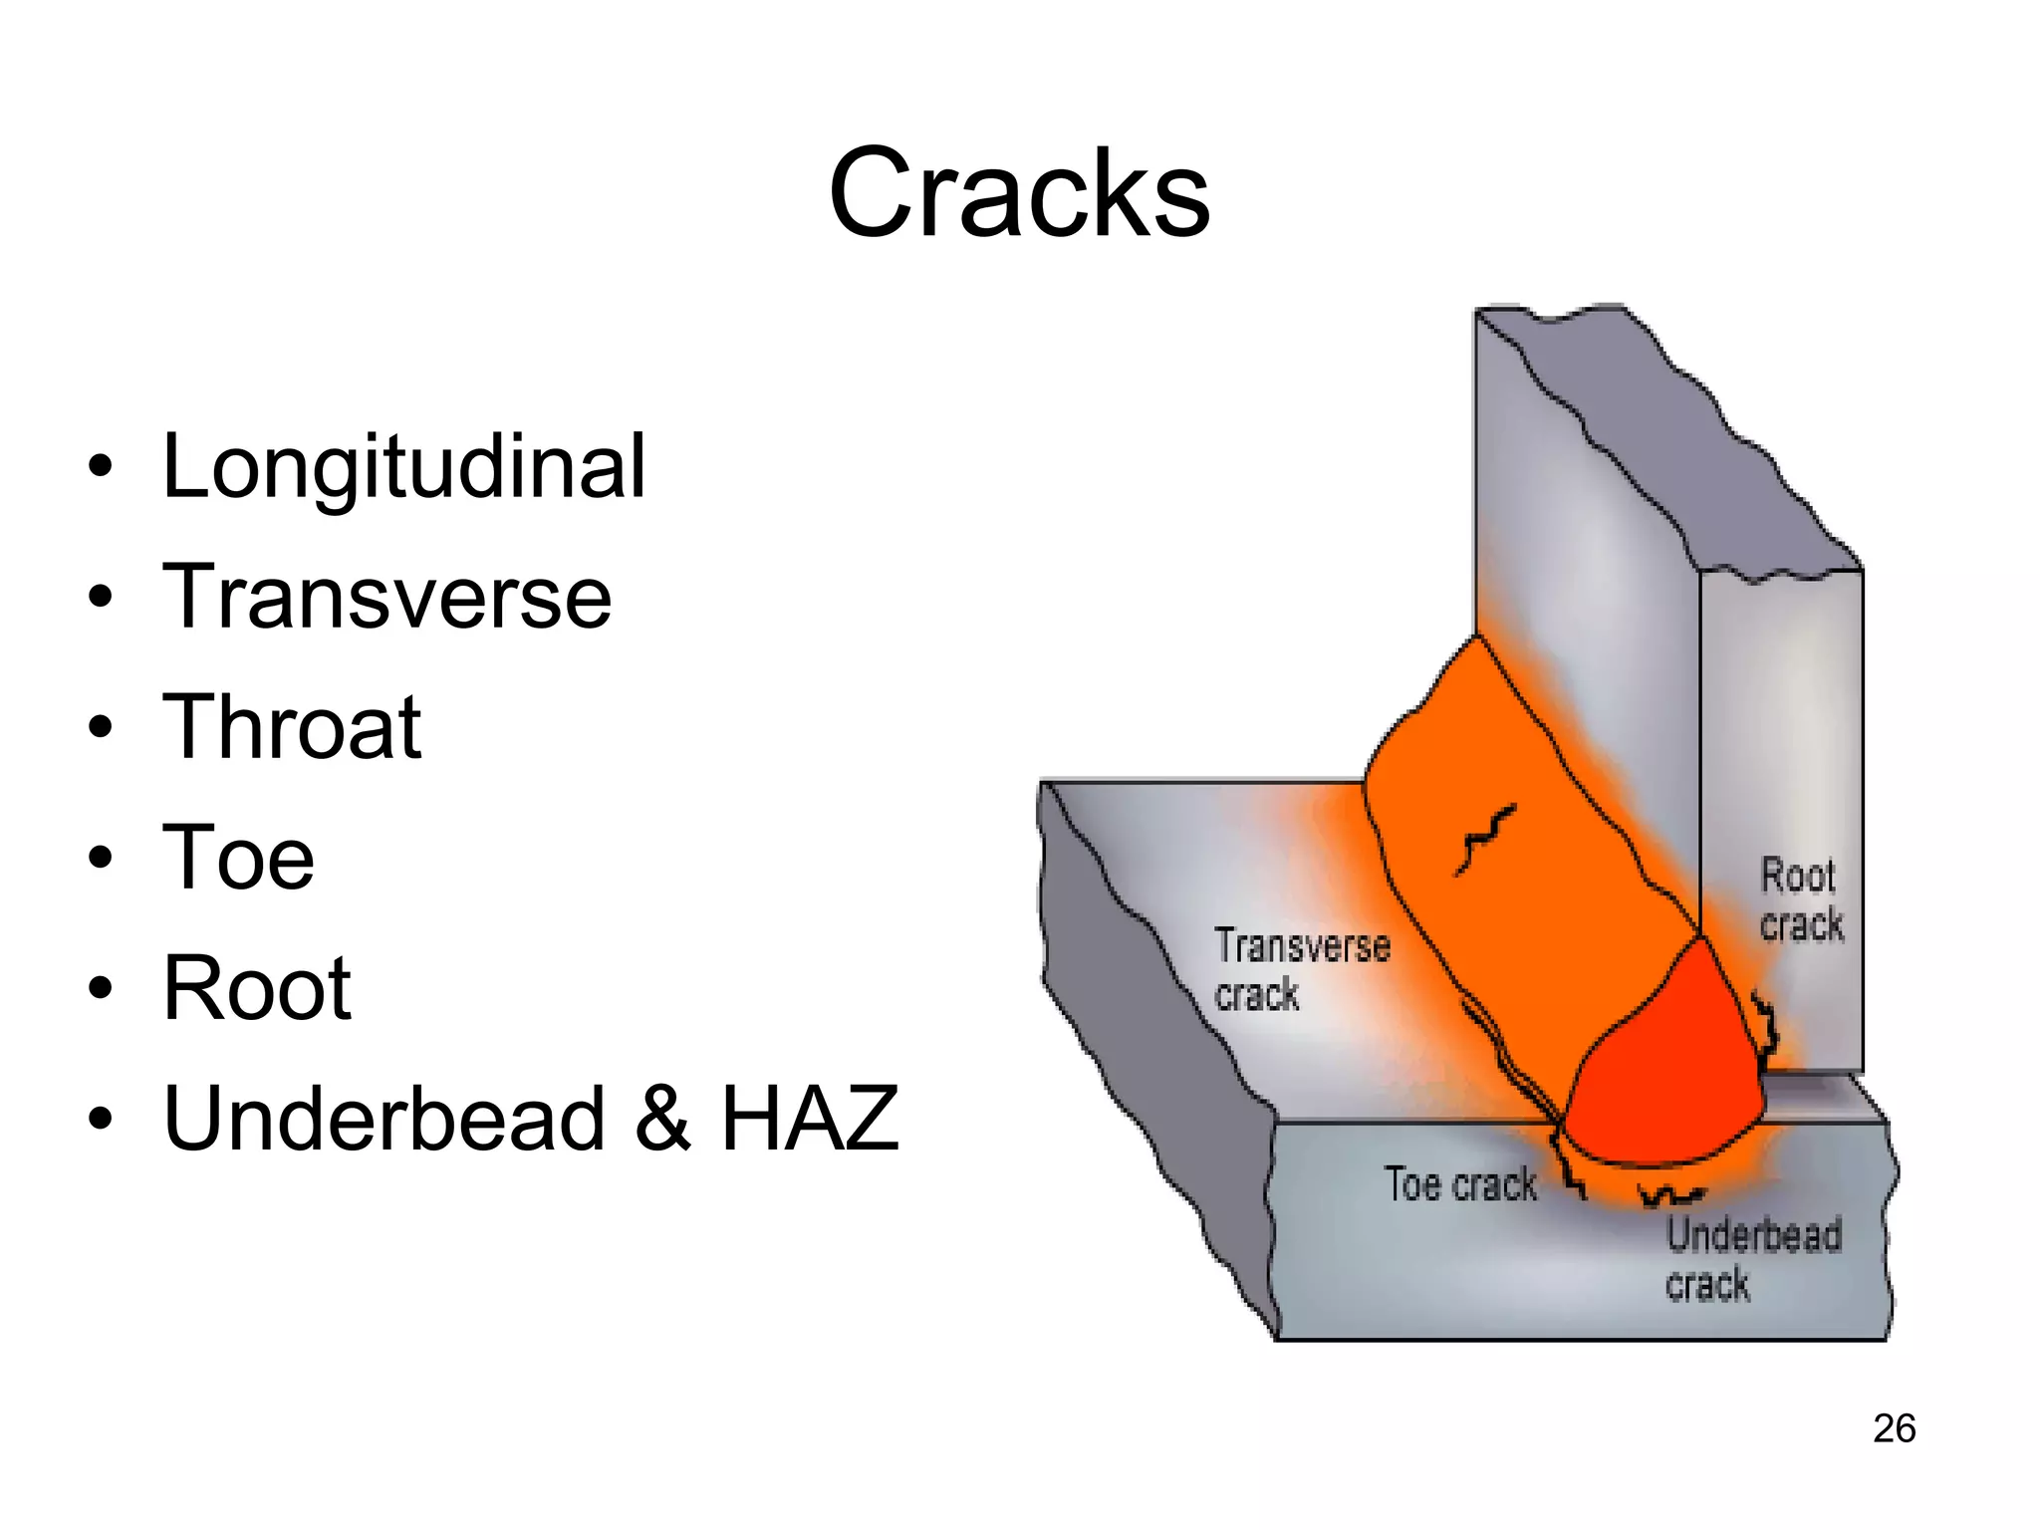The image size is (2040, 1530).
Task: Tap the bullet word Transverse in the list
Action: tap(386, 597)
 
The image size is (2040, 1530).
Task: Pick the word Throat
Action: tap(292, 727)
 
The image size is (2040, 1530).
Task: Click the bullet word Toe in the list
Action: tap(238, 858)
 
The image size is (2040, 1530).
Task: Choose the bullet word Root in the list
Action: tap(257, 988)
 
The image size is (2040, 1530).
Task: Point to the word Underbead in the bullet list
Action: tap(384, 1119)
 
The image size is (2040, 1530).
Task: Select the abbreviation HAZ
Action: tap(810, 1119)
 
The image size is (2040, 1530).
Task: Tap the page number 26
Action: tap(1894, 1427)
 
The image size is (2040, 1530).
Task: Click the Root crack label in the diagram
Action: tap(1801, 899)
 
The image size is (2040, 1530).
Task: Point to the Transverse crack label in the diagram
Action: tap(1301, 969)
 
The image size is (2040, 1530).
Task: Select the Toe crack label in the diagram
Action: tap(1460, 1184)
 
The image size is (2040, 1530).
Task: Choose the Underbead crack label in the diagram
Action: tap(1753, 1259)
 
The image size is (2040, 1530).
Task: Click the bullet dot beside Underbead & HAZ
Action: tap(99, 1119)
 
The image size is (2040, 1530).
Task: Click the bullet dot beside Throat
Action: tap(99, 727)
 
